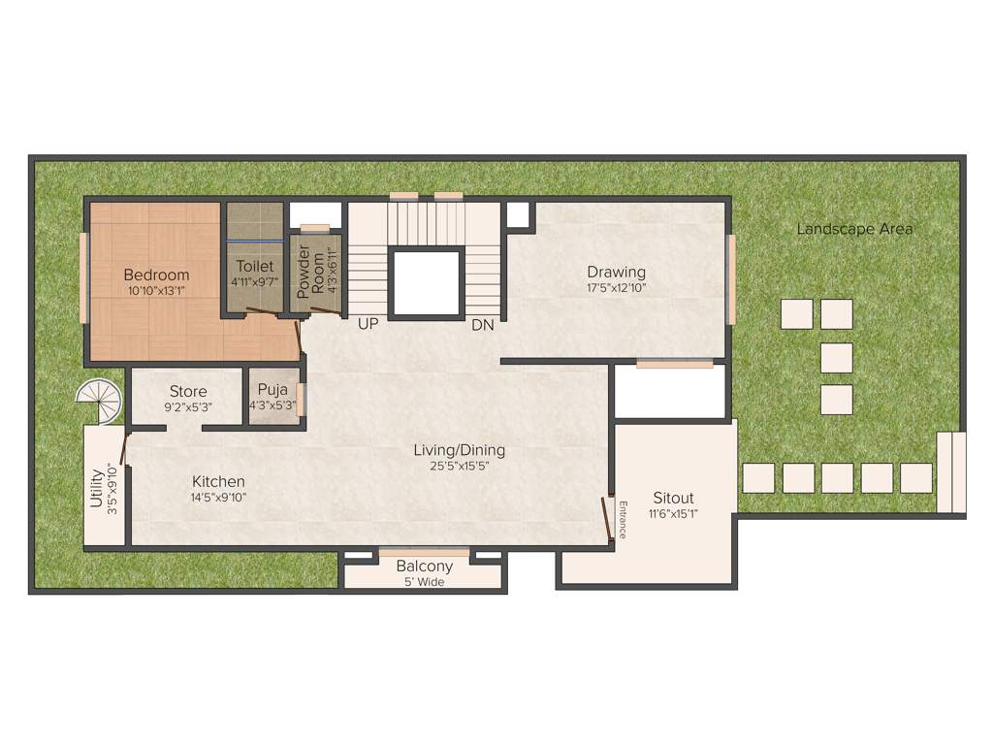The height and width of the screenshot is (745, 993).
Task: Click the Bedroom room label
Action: (156, 275)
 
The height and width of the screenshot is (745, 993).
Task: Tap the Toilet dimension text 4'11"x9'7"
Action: (255, 282)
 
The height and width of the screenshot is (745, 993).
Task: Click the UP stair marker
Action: (368, 324)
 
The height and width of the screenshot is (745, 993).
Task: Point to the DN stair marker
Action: (483, 325)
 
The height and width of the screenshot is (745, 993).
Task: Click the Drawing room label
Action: (616, 272)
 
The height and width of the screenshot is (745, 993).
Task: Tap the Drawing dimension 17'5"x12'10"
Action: (616, 288)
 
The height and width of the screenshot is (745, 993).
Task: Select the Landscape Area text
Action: (854, 229)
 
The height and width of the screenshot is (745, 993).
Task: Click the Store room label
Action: (188, 392)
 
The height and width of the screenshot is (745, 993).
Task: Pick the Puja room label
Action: (272, 391)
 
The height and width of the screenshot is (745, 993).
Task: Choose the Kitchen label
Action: (218, 481)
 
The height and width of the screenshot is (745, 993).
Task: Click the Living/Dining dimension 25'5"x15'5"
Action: (459, 467)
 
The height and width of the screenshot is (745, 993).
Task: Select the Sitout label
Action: (673, 498)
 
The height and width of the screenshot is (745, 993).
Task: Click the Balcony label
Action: (425, 567)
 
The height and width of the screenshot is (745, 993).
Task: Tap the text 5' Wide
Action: (425, 582)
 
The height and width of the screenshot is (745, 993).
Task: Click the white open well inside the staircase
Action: (426, 282)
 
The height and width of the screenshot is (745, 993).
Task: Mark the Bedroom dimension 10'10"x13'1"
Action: (156, 290)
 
